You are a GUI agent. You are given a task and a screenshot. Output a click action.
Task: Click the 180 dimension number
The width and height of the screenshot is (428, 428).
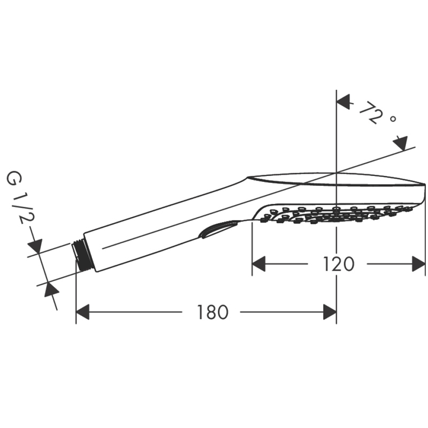coord(212,312)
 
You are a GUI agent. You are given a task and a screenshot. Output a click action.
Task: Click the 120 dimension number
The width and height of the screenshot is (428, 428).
coord(339,264)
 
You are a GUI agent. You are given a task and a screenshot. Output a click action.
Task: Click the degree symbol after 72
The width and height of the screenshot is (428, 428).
coord(393,119)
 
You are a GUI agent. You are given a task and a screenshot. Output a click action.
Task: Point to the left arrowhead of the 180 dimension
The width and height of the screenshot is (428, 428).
coord(83,312)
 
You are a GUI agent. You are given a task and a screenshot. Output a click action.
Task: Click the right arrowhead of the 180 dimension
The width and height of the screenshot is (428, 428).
coord(330,312)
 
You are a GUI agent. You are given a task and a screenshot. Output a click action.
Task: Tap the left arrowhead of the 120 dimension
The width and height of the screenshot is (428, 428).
coord(258,264)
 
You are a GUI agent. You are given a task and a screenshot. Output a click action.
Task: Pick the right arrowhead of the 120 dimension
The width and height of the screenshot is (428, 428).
coord(419,264)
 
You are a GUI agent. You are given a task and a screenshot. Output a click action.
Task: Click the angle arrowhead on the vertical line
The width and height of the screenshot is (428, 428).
coord(343,102)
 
